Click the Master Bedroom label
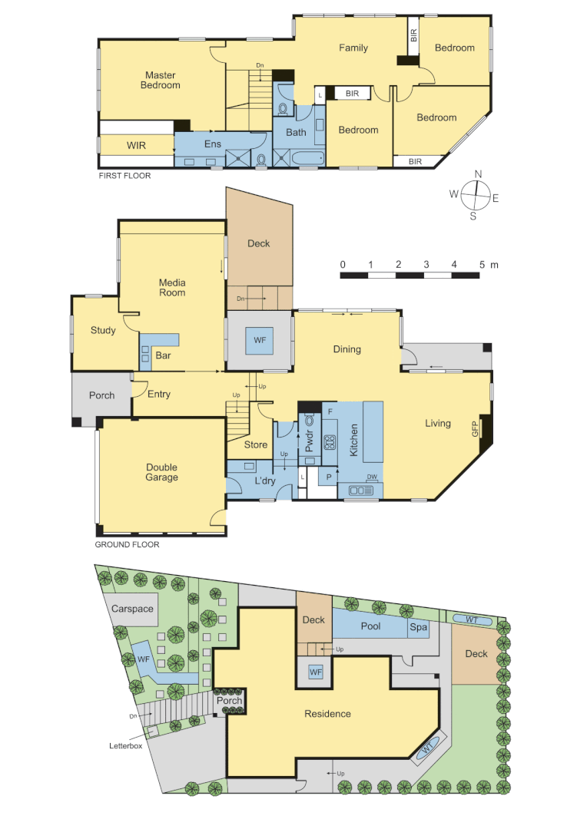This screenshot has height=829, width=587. point(160,81)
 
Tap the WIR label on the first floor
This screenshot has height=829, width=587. point(136,144)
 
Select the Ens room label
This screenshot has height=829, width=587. point(212,144)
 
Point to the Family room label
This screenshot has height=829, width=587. point(353,48)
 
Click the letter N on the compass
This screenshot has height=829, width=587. point(478,174)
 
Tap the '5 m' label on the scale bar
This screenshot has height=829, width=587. point(487,264)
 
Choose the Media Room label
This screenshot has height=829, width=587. point(172,288)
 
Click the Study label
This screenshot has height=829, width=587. point(103,331)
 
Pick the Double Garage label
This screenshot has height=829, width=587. point(161,472)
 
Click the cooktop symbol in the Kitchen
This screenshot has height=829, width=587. point(330,442)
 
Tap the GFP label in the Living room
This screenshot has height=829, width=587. point(475,429)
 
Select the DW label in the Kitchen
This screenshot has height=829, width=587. point(371,477)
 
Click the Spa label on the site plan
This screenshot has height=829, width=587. point(418,627)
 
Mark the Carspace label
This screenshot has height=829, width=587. point(132,609)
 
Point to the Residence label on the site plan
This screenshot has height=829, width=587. point(327,714)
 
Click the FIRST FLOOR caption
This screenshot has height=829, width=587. point(124,176)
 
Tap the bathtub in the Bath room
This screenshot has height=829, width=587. point(307,159)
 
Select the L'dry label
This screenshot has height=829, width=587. point(265,481)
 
